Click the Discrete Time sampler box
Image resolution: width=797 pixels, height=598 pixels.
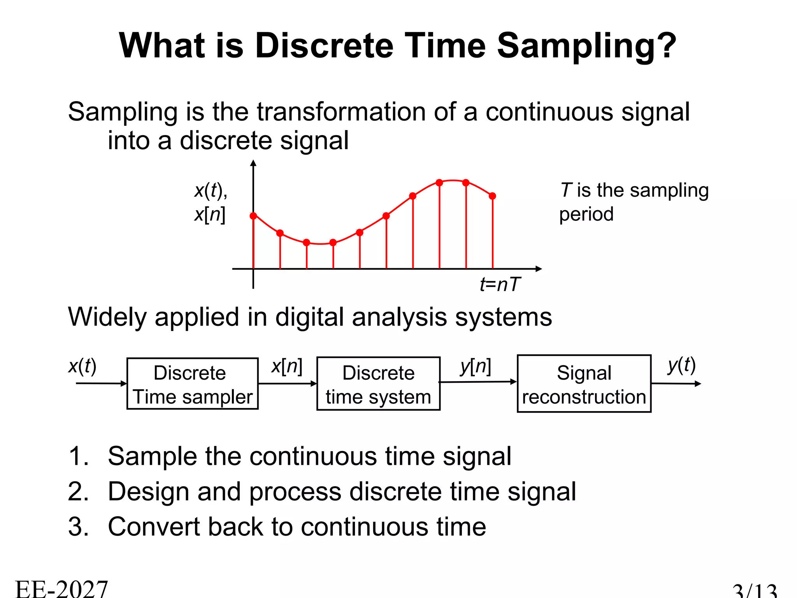[x=192, y=384]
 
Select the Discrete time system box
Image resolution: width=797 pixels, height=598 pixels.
[x=378, y=384]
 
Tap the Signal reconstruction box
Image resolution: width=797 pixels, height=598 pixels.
[x=584, y=384]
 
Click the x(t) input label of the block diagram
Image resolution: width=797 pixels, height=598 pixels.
[x=82, y=366]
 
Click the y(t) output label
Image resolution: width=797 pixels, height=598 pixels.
[x=681, y=365]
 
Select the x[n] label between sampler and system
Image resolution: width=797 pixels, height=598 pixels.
[x=287, y=366]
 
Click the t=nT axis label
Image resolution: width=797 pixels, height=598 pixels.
[x=500, y=284]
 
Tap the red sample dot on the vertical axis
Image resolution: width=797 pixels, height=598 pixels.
[x=253, y=216]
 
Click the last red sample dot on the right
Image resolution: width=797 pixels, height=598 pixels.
[x=492, y=196]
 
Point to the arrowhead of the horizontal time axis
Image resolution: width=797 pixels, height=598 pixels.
[x=539, y=269]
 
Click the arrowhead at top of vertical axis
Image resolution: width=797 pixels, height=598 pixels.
[x=253, y=163]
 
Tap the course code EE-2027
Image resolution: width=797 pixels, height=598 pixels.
[x=61, y=589]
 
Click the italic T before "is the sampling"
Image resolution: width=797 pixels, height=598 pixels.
[x=566, y=190]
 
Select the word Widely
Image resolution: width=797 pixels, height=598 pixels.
[x=107, y=317]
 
